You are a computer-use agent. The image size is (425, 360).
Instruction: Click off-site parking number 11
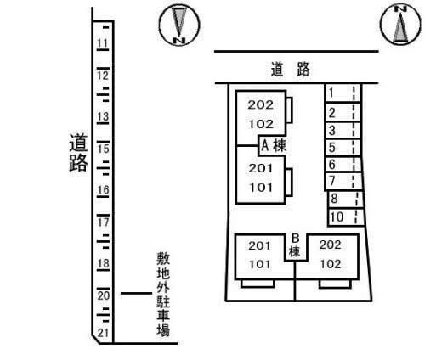click(x=103, y=43)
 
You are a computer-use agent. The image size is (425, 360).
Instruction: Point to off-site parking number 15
click(x=103, y=149)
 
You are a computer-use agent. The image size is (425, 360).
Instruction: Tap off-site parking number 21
click(x=103, y=333)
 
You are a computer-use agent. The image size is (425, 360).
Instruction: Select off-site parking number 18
click(x=103, y=263)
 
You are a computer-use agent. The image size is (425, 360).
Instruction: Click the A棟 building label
click(x=274, y=146)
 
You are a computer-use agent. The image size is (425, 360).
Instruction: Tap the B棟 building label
click(x=295, y=245)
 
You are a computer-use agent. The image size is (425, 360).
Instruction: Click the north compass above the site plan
click(x=400, y=25)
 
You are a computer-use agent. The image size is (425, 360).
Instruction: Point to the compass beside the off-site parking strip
click(x=179, y=25)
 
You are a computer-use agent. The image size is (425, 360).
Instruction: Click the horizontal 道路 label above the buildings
click(x=290, y=70)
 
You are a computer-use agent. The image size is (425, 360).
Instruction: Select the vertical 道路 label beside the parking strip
click(x=78, y=153)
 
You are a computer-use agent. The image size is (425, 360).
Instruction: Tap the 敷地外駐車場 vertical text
click(x=163, y=294)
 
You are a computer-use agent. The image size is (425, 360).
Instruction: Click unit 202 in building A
click(x=261, y=105)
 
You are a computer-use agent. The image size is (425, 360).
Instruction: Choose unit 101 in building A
click(x=261, y=188)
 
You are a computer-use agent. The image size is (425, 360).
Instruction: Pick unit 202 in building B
click(x=331, y=245)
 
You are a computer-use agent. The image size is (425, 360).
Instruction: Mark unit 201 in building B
click(x=259, y=245)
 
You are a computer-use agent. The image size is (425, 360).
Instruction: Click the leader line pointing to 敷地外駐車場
click(x=136, y=293)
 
